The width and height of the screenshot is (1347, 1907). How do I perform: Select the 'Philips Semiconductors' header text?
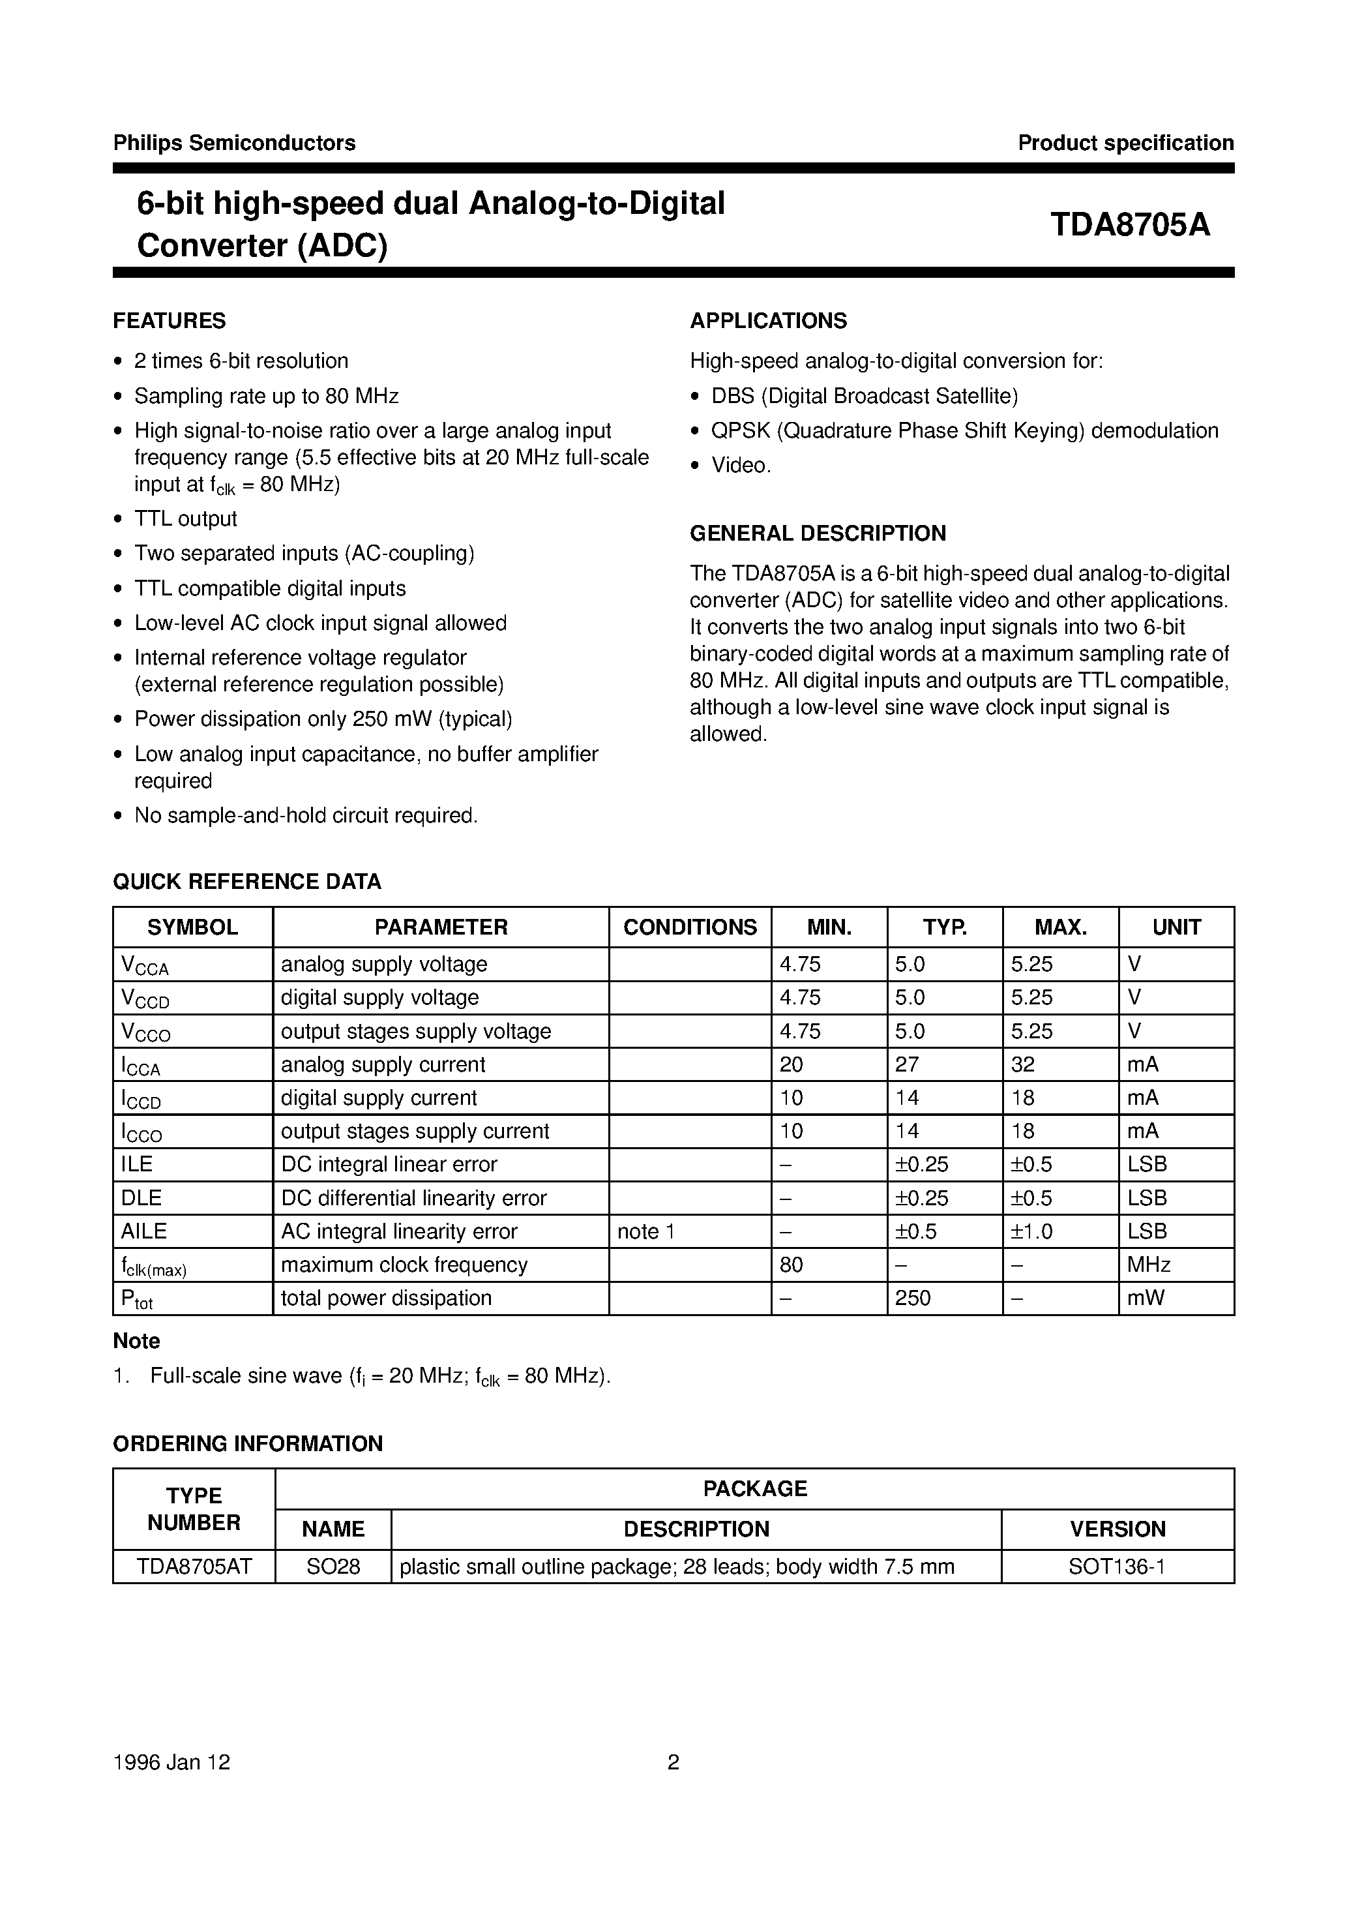click(x=234, y=143)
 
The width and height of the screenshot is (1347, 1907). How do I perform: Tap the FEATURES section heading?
click(x=170, y=321)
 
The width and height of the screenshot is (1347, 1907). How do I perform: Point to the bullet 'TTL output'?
click(x=185, y=519)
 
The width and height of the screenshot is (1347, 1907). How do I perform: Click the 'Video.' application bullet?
click(x=741, y=465)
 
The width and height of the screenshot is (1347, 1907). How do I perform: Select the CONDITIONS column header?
click(x=689, y=927)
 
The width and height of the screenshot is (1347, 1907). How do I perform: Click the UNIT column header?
click(x=1176, y=927)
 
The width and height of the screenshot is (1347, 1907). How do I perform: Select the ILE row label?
click(x=137, y=1164)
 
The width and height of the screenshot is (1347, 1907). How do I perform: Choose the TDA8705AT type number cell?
click(x=194, y=1567)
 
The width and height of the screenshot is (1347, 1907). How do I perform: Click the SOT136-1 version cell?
click(x=1117, y=1567)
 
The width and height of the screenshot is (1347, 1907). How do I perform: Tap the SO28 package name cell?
click(x=333, y=1567)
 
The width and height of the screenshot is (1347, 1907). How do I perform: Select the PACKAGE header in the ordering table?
click(x=754, y=1488)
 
